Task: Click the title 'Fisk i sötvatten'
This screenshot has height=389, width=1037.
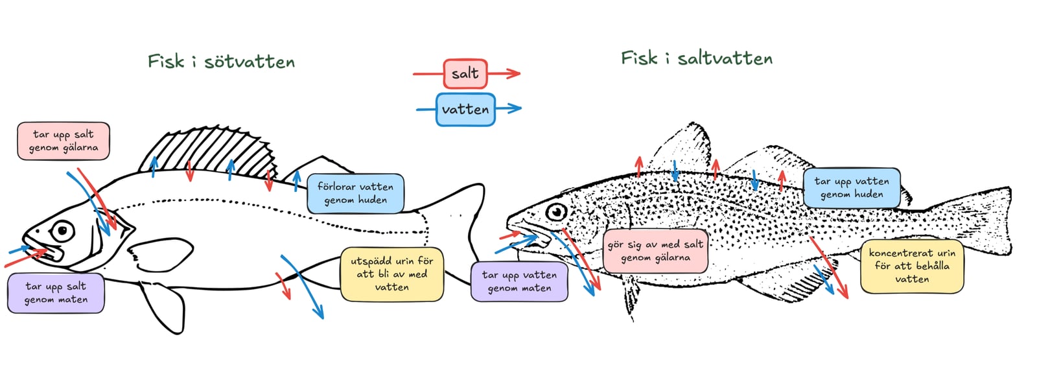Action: [x=221, y=62]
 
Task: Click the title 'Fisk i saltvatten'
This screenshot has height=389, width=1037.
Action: [x=697, y=58]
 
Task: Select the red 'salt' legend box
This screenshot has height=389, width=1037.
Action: [x=465, y=74]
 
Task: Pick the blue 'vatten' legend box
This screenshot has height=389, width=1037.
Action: [x=466, y=110]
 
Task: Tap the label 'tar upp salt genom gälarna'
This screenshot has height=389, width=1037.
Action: [x=64, y=141]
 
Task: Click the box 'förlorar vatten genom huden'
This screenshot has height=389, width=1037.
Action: [x=356, y=194]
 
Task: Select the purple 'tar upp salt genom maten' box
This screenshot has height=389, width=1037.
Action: [x=56, y=293]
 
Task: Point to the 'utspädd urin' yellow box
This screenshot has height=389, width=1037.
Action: [x=392, y=274]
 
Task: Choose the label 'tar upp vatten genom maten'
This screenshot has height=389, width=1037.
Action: [x=519, y=281]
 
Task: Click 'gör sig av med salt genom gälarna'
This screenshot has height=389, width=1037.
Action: [x=655, y=251]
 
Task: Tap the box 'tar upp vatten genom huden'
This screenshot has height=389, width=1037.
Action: [x=852, y=187]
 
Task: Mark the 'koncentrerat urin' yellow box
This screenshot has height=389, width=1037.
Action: [x=912, y=266]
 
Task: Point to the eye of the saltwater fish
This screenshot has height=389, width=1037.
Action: [x=556, y=212]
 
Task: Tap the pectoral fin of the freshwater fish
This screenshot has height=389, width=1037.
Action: [x=159, y=255]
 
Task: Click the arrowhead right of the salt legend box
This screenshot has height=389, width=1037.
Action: [x=513, y=73]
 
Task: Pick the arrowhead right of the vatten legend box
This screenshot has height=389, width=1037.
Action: [x=514, y=108]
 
